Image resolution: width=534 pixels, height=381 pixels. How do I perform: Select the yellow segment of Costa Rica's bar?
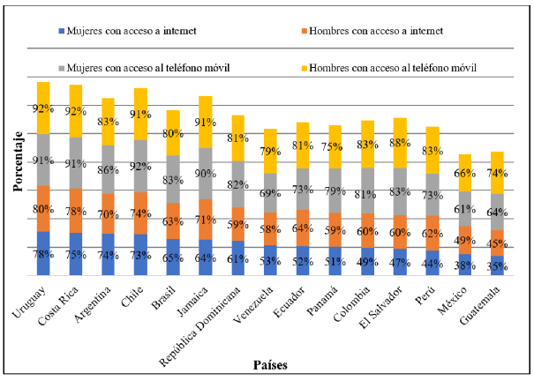(76, 110)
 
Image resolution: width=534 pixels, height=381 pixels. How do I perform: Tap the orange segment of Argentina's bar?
(108, 214)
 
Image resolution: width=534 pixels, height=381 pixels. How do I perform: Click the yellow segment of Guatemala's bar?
(472, 173)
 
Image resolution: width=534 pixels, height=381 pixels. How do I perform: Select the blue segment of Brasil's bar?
(173, 258)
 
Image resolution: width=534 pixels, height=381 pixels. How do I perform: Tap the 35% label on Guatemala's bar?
(472, 265)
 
